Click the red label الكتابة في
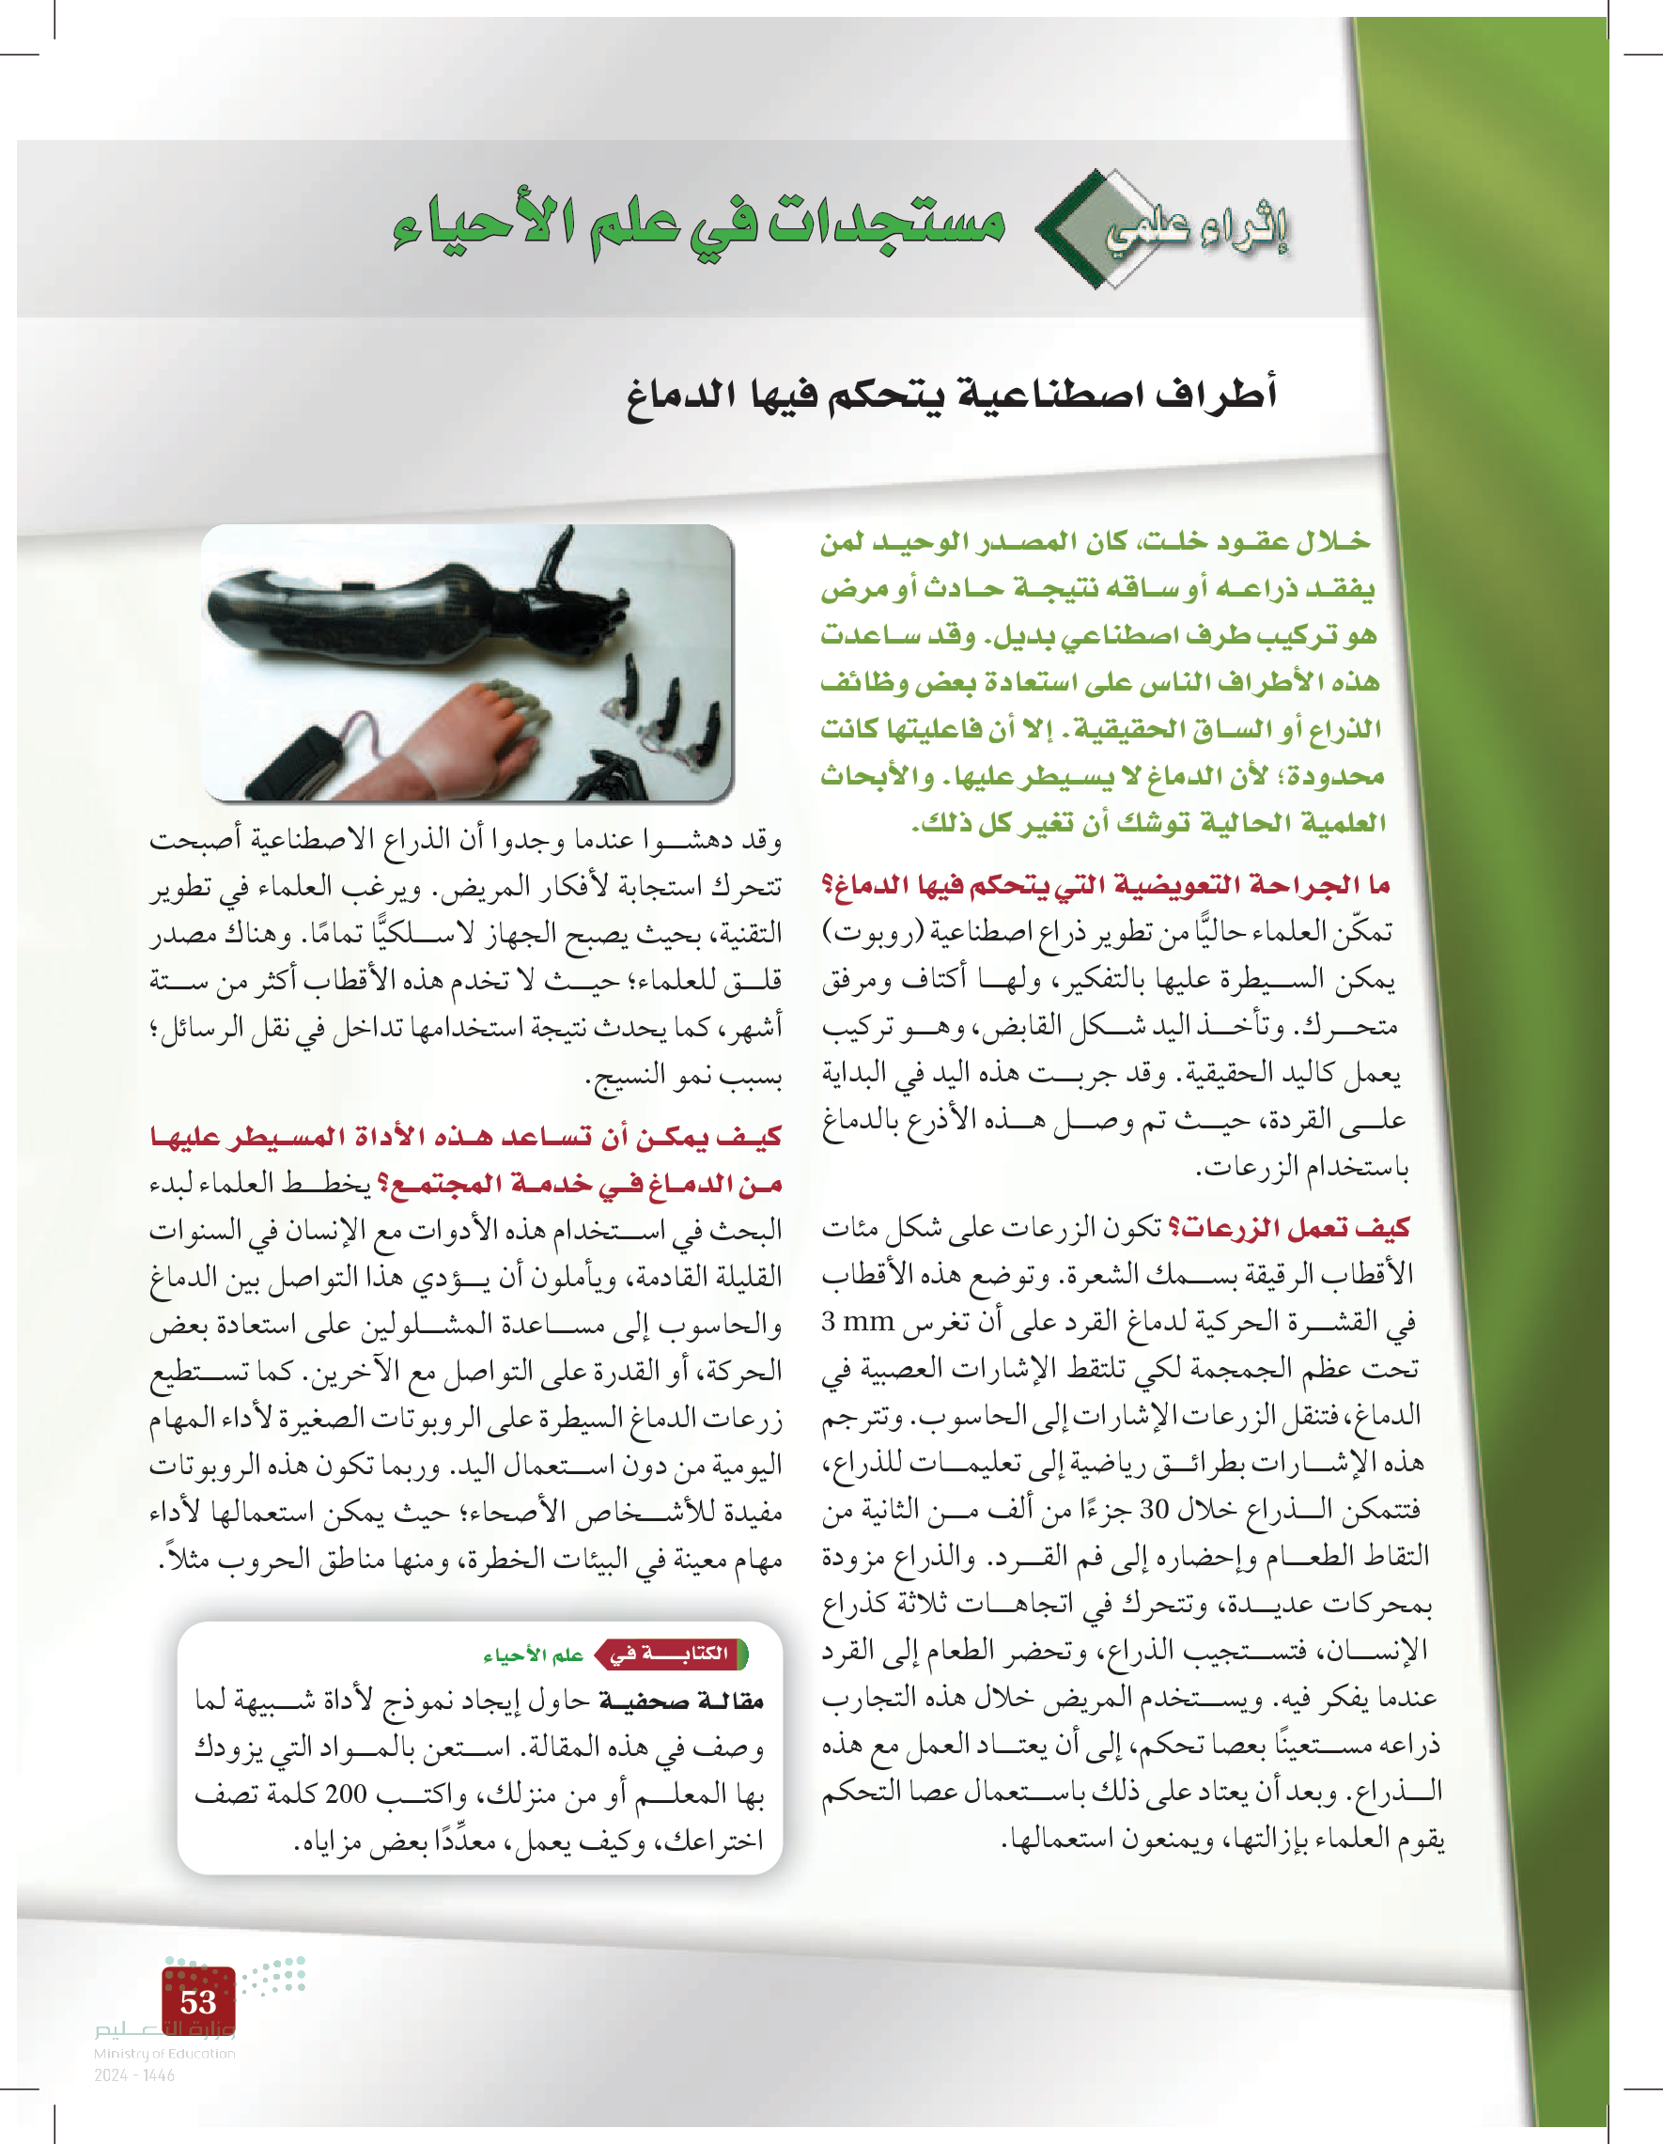[671, 1654]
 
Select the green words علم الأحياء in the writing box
[533, 1655]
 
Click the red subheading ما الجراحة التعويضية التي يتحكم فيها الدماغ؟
[1106, 885]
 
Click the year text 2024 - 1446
[134, 2074]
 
